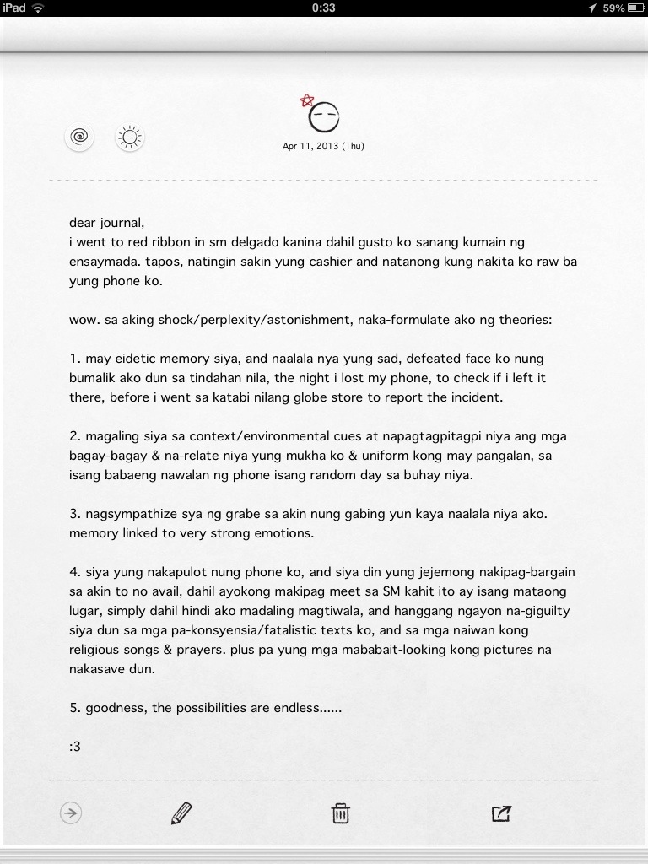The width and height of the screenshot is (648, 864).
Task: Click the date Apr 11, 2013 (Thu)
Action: click(x=323, y=146)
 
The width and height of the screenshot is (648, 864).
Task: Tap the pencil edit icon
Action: click(x=181, y=813)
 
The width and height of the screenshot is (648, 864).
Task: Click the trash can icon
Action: click(x=340, y=813)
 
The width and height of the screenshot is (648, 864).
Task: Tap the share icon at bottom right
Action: click(x=501, y=813)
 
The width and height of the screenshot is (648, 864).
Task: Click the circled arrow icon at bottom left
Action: click(x=71, y=813)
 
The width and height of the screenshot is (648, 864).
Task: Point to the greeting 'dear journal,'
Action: click(x=107, y=224)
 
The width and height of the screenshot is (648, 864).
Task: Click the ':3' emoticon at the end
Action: click(x=75, y=747)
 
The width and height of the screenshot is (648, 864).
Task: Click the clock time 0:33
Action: click(x=323, y=8)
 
